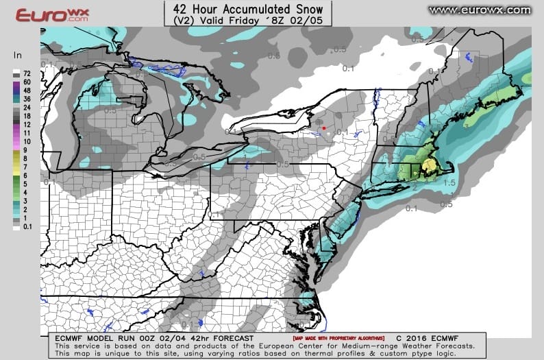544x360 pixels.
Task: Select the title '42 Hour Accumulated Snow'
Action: click(x=248, y=9)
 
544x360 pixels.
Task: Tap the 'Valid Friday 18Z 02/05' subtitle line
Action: click(x=248, y=21)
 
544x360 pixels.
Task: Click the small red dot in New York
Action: click(x=323, y=127)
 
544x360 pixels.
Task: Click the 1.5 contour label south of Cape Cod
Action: click(x=449, y=183)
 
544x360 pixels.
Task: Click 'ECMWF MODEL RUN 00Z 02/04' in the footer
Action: click(x=123, y=338)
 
